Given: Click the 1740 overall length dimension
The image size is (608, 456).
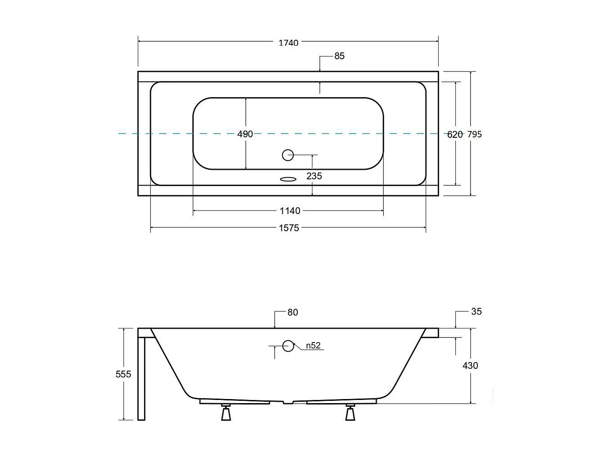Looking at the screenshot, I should point(288,43).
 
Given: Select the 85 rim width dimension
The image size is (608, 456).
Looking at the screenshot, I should point(339,56).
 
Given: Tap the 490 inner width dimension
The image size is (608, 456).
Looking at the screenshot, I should point(245,134).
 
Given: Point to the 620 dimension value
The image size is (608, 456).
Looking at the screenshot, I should point(455,134).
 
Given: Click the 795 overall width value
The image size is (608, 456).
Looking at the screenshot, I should point(474,134).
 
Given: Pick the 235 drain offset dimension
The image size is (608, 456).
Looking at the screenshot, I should point(314,176).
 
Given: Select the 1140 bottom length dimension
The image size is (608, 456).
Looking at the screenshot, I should point(290,211).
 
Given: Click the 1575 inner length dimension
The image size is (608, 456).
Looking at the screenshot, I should point(289,228).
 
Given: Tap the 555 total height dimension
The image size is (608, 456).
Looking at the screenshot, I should point(123,374).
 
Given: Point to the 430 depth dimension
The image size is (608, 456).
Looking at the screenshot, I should point(470,366).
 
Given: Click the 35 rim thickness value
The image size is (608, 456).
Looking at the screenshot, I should point(476,311).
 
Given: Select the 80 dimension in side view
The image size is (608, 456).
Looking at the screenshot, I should point(292,312).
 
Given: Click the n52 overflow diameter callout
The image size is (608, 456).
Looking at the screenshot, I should point(313,346).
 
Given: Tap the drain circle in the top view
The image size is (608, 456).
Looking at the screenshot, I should point(288,155).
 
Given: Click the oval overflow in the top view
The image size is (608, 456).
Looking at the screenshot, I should point(288,179).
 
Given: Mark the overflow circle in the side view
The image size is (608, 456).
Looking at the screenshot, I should point(288,346).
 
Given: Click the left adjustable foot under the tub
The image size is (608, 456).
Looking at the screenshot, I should point(226,413).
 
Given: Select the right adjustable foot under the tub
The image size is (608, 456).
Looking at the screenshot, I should point(350,413).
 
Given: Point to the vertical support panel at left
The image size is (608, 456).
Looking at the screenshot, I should point(141,377).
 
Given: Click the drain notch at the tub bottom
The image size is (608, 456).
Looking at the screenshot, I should point(288,402).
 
